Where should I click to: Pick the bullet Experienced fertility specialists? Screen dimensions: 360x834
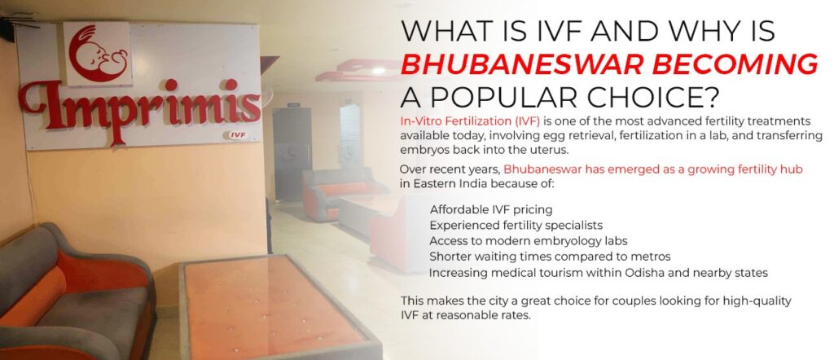click(x=516, y=225)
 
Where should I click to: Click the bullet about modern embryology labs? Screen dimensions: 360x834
click(x=520, y=241)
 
